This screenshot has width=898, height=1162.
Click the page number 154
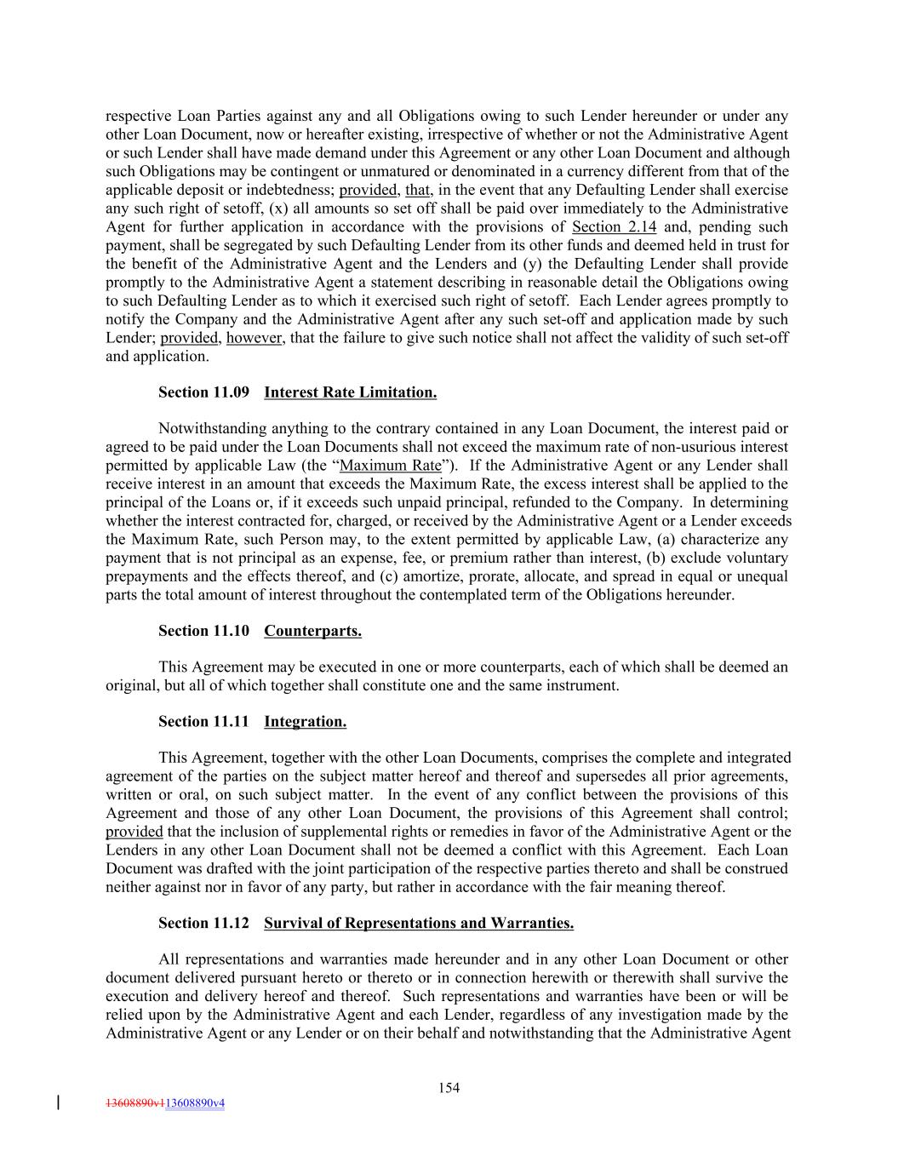[449, 1087]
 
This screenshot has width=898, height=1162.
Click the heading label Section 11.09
[203, 392]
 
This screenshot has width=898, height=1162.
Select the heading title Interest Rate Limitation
[350, 392]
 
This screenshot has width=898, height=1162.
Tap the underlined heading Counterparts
[312, 631]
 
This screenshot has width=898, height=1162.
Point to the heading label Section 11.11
[203, 722]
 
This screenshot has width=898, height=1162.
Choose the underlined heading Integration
[305, 722]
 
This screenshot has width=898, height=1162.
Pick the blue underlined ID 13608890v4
[195, 1103]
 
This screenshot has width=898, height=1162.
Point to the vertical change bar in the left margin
[57, 1102]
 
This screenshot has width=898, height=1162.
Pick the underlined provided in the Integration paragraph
[134, 832]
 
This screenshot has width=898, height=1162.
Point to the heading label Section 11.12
[203, 923]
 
